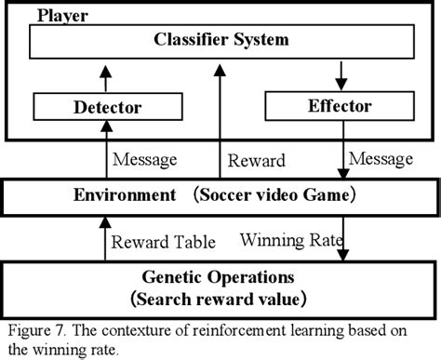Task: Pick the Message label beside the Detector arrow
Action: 144,160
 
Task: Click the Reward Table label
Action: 164,243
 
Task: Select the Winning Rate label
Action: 290,241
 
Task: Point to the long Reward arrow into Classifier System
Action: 219,121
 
